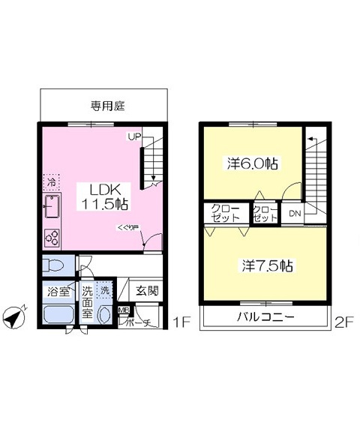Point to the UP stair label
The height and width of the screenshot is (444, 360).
pos(133,136)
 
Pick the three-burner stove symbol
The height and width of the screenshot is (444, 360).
pos(53,237)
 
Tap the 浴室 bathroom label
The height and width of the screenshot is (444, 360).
pos(57,290)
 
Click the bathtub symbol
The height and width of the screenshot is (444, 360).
pos(57,314)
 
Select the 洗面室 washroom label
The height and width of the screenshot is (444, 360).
pos(88,301)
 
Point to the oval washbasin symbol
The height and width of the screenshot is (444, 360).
pos(104,313)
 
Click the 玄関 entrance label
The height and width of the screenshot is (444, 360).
pos(146,290)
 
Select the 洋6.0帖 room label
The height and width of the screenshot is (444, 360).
pos(253,163)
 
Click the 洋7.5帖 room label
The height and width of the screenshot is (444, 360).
pos(266,265)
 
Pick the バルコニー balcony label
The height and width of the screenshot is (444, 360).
pos(265,317)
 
